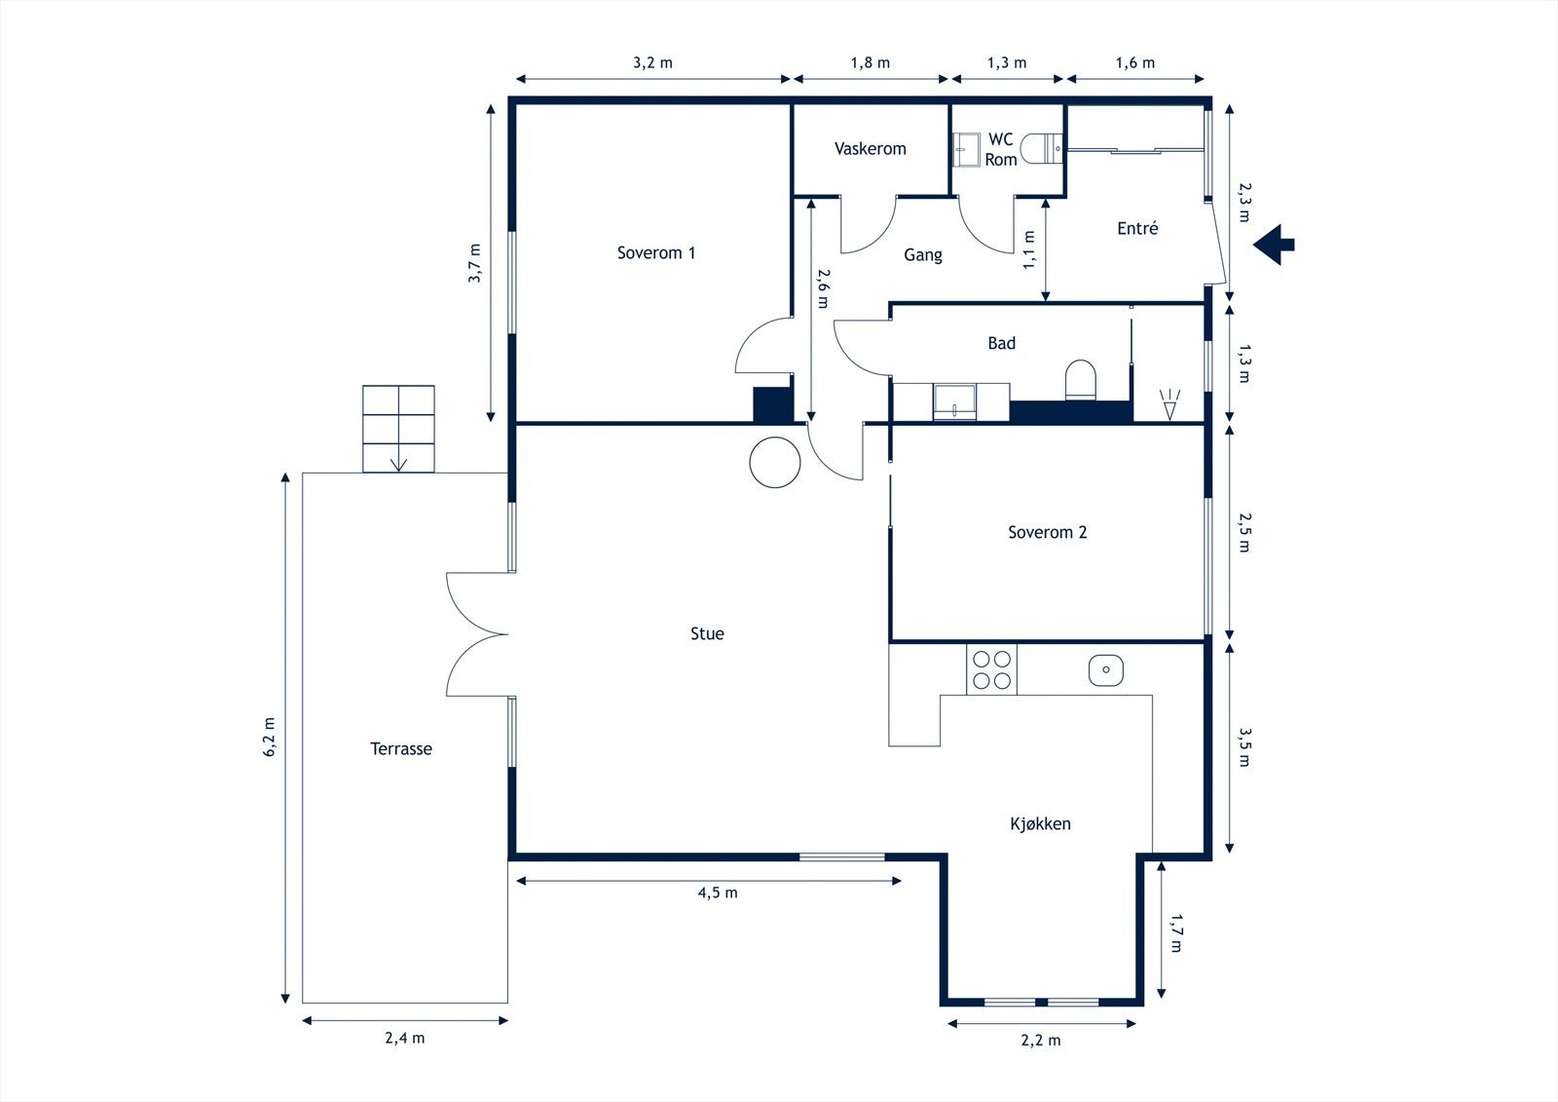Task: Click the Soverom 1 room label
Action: pos(656,252)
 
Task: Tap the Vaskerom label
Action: pos(871,149)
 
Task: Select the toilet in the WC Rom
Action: pos(1041,148)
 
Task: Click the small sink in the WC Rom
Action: pos(966,150)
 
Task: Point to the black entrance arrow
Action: pos(1274,245)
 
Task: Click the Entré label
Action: pos(1137,228)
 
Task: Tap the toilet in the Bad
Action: pos(1080,380)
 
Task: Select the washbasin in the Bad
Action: pos(954,402)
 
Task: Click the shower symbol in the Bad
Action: pos(1169,404)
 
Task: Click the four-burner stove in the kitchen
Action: pos(991,669)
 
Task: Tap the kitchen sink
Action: pos(1105,669)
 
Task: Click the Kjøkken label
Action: pos(1040,824)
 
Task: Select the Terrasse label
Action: pos(400,749)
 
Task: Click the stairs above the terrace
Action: pos(398,429)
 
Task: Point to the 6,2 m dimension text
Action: pos(270,737)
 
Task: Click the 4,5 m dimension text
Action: pos(718,893)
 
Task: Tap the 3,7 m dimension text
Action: pos(474,263)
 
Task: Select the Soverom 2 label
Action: pos(1048,533)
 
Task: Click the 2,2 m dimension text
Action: pos(1041,1041)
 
